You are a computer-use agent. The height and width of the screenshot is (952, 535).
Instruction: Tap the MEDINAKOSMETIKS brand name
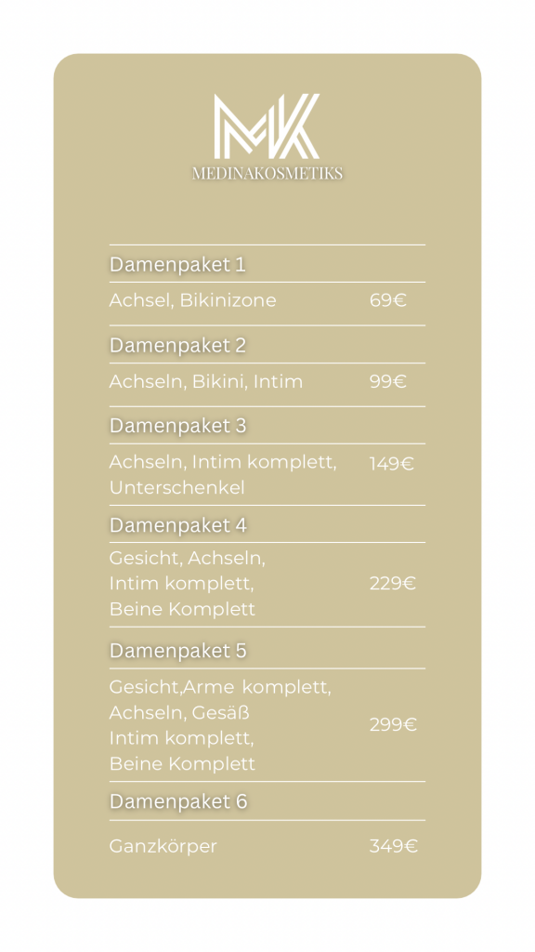point(267,173)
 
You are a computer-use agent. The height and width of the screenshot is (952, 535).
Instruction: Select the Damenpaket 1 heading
point(177,264)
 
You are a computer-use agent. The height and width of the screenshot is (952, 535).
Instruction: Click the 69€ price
point(388,300)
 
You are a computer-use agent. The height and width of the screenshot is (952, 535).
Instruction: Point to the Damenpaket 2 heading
point(177,345)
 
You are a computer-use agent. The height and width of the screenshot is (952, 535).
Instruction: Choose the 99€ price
point(388,381)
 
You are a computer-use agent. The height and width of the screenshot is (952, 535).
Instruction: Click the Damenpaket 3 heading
point(177,426)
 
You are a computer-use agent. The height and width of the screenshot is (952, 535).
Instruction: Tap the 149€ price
point(392,463)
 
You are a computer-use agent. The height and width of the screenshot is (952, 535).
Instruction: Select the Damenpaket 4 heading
point(177,525)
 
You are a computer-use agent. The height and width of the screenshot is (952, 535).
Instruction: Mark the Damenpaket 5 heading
point(177,651)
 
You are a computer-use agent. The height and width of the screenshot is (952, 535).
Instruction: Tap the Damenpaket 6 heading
point(178,801)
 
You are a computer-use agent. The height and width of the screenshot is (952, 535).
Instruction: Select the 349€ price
point(394,846)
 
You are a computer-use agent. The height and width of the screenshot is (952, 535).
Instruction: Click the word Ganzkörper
point(163,847)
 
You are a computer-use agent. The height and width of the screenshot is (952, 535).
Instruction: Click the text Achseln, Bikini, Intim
point(205,381)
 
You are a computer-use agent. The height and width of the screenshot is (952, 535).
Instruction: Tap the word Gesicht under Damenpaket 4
point(143,559)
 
